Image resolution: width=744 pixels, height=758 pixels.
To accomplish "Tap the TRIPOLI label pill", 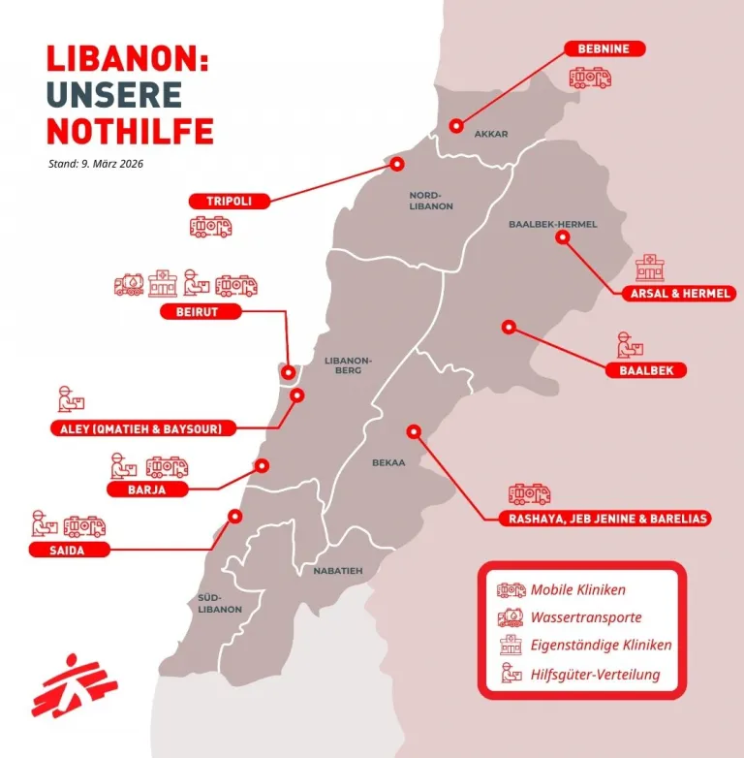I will tap(229, 201).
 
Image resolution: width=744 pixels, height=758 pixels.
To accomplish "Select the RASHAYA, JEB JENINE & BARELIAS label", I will tap(609, 519).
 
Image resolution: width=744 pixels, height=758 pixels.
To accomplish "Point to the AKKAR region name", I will tap(491, 135).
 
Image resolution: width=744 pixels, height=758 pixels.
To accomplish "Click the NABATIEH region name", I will tap(338, 571).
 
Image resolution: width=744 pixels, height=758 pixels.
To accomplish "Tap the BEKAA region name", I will tap(387, 463).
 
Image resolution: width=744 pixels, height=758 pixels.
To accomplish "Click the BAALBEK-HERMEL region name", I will tap(553, 224).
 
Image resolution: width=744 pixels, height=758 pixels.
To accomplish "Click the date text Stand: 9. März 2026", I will tap(96, 163).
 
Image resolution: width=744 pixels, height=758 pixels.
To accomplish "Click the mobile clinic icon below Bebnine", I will tap(590, 77).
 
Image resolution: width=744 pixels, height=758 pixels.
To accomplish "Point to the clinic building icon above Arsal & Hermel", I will tap(650, 267).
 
